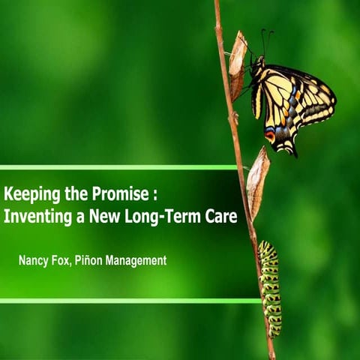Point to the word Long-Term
click(166, 217)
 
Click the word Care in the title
click(222, 217)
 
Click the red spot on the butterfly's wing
click(270, 136)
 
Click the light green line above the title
click(120, 167)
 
